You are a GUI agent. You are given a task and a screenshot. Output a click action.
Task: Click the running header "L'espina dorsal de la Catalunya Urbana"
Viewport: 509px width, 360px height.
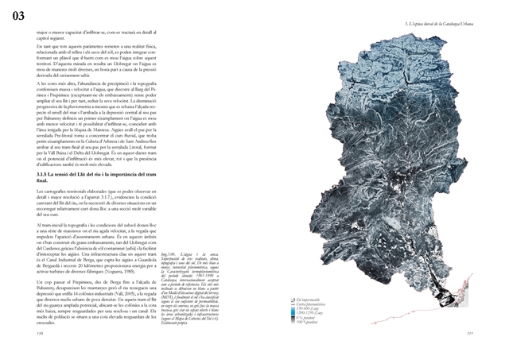click(445, 24)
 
